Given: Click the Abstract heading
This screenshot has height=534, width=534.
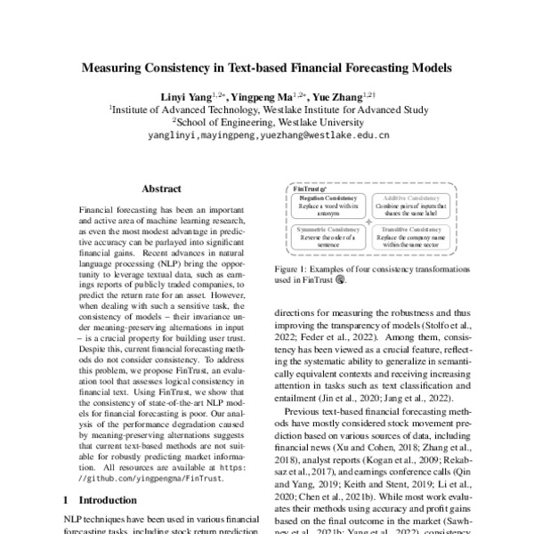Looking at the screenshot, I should (161, 189).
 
